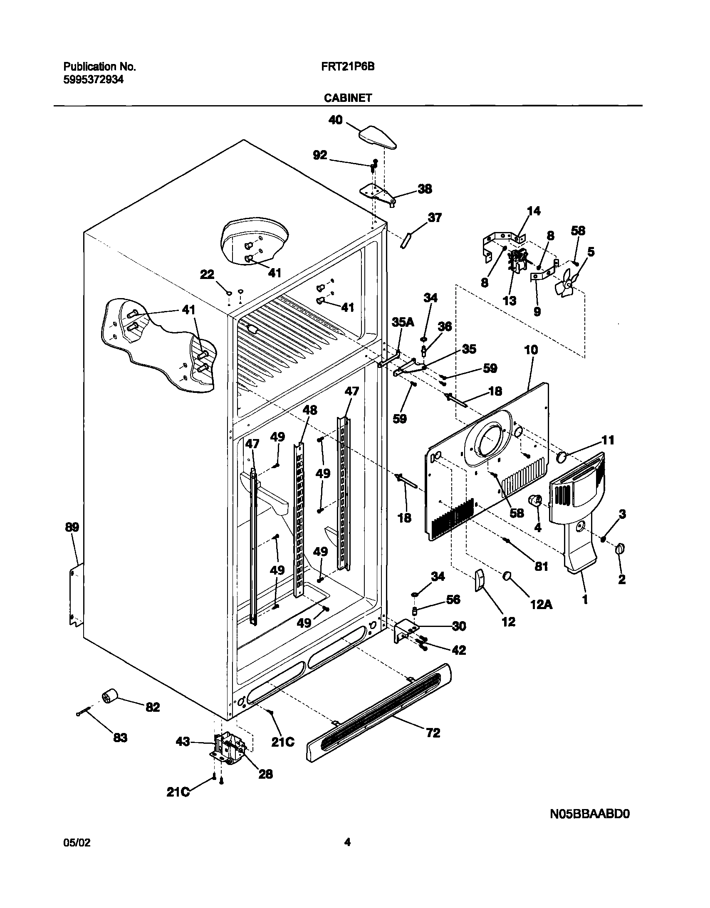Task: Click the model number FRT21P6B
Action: pos(348,67)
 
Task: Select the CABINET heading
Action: pos(348,98)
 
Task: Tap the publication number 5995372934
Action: pos(93,80)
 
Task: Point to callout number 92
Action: pos(320,155)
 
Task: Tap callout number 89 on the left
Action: pos(72,528)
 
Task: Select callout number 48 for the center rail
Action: pos(309,410)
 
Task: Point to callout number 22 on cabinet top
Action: pos(207,274)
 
